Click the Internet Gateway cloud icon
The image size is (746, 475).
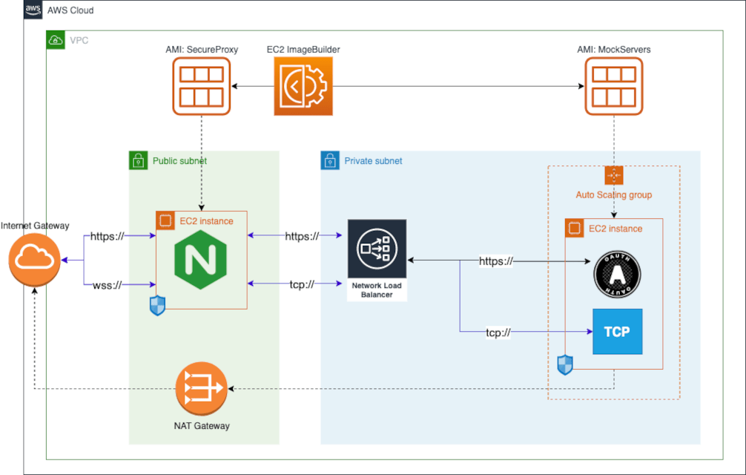pos(34,260)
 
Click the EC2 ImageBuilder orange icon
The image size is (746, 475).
pos(303,87)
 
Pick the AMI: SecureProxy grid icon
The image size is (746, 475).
pos(202,87)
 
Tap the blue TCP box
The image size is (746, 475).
pos(617,331)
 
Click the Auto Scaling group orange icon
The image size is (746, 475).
pos(614,175)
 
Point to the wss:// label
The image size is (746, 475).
pos(108,285)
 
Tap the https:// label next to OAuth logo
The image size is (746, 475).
pos(496,261)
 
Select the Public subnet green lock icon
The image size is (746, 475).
pos(137,160)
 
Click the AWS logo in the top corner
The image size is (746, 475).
pos(33,10)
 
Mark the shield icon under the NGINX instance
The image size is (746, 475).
pos(157,306)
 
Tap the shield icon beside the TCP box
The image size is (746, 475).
pos(565,364)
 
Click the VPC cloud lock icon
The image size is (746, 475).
pos(55,40)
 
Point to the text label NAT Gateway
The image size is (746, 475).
pos(201,425)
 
